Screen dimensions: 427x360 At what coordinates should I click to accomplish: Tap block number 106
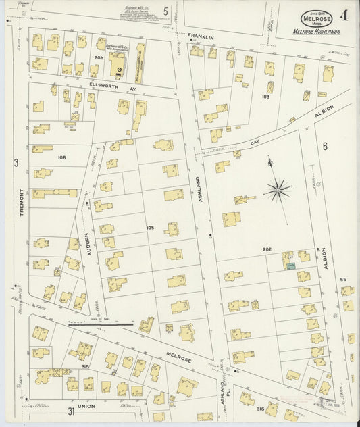point(62,157)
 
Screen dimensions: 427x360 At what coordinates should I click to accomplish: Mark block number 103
point(265,97)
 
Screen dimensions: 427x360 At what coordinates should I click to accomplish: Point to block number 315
point(84,366)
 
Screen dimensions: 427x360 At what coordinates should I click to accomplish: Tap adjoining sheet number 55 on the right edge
point(342,279)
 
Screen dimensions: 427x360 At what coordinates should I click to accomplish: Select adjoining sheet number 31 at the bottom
point(70,411)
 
